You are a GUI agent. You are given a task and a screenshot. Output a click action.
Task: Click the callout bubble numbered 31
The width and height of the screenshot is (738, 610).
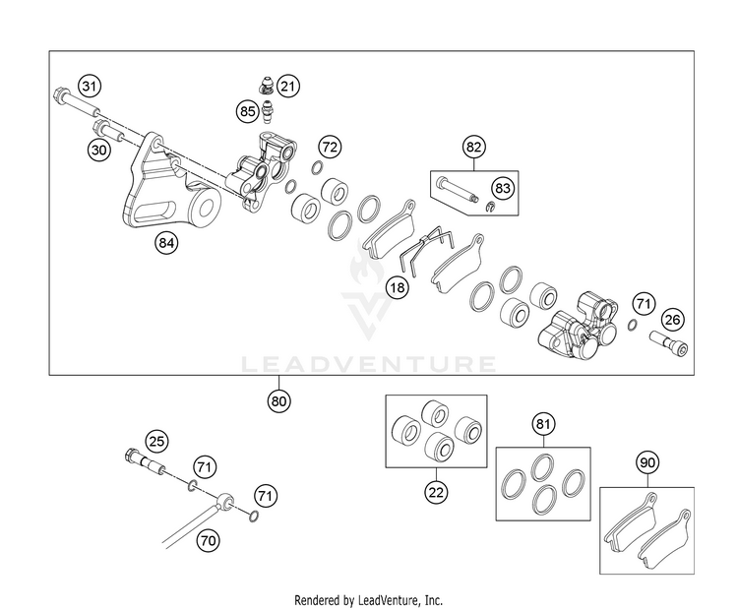(x=90, y=87)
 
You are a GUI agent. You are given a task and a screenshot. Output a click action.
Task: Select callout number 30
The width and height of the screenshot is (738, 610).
(x=98, y=151)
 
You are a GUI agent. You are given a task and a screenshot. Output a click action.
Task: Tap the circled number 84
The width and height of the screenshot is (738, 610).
(x=166, y=243)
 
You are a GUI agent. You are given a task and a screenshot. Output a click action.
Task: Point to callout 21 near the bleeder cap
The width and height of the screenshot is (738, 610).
(x=287, y=87)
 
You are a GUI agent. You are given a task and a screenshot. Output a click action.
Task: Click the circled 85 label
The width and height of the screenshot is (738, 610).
(x=248, y=111)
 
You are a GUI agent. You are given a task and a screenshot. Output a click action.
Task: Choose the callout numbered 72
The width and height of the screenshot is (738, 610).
(x=330, y=147)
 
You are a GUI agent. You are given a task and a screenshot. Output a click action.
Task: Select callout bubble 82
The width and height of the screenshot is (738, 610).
(x=473, y=147)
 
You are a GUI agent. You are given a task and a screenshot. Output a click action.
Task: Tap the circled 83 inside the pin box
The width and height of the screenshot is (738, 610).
(x=503, y=188)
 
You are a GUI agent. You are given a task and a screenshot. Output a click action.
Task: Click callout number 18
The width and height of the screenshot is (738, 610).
(x=398, y=287)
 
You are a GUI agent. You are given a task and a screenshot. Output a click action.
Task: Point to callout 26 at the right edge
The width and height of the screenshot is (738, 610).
(x=673, y=320)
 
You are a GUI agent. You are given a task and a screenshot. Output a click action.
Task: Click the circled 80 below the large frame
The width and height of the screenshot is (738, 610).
(x=278, y=401)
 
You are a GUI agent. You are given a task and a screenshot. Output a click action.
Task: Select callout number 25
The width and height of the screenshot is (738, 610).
(x=156, y=441)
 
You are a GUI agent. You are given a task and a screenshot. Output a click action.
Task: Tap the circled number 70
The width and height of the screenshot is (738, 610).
(x=208, y=540)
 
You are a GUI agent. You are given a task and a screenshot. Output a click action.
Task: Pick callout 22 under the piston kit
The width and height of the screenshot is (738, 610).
(x=436, y=492)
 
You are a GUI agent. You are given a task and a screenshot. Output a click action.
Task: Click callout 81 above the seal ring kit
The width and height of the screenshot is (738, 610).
(x=543, y=424)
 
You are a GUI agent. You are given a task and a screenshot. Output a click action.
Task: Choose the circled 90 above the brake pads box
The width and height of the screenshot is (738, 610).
(x=647, y=462)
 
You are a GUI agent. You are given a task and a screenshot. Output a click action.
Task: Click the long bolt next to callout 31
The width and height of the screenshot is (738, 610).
(x=76, y=102)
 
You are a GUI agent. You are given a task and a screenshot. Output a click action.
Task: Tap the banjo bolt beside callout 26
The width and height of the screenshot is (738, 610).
(x=669, y=343)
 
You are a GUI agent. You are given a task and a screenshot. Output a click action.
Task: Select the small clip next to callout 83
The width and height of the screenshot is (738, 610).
(x=490, y=206)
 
